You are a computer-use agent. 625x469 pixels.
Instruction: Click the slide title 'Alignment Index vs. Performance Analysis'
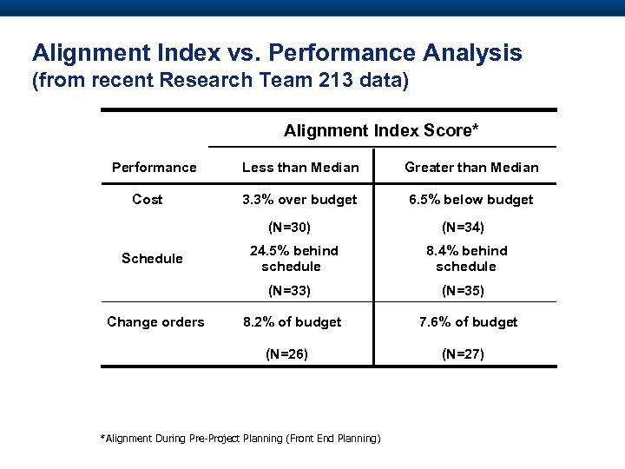point(277,53)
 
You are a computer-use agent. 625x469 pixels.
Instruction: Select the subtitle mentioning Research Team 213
point(219,83)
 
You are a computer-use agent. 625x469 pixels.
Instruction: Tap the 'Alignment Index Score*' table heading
point(381,130)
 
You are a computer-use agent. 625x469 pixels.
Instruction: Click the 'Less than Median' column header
point(300,167)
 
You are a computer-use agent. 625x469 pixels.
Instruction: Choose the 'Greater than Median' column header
point(471,167)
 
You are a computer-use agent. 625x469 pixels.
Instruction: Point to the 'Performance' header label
point(155,167)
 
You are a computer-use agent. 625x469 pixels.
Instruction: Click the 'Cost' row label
point(147,199)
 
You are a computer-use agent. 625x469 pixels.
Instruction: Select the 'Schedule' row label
point(152,258)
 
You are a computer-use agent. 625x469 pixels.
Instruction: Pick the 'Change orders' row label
point(155,321)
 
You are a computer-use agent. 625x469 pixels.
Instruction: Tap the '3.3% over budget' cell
point(299,199)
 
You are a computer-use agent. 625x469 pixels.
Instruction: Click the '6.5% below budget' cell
point(471,199)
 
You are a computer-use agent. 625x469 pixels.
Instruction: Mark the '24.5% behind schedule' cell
point(294,258)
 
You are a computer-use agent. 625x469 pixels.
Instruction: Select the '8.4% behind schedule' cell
point(466,258)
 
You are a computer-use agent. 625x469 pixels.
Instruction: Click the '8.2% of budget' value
point(292,321)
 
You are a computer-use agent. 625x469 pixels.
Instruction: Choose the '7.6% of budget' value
point(468,321)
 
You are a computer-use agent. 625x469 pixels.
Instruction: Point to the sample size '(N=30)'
point(289,228)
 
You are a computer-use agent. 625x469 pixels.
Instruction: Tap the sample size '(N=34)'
point(463,228)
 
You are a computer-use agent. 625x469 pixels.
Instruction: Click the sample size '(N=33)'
point(289,290)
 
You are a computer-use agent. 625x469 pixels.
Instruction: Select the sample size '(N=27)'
point(463,353)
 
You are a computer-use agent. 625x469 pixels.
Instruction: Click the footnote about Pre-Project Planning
point(241,439)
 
